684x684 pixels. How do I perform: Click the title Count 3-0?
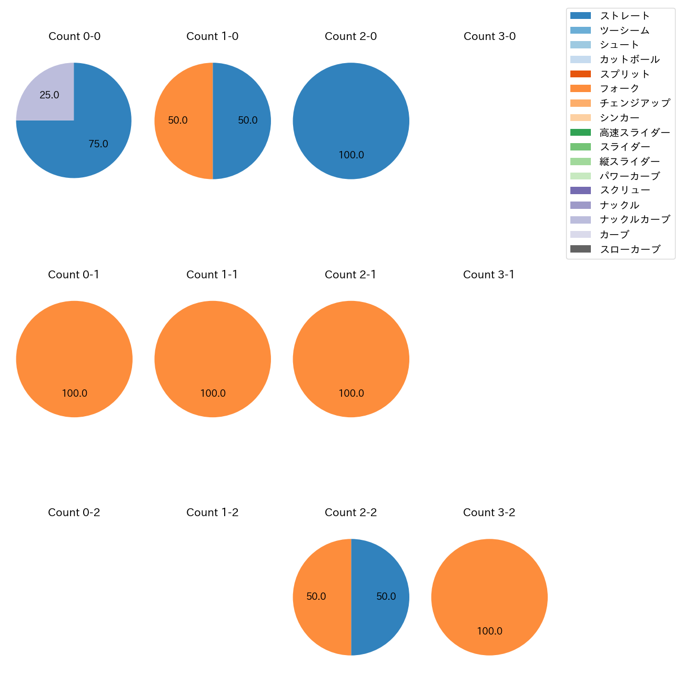click(489, 36)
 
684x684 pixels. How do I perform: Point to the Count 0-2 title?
click(74, 512)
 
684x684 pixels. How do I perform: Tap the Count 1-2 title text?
click(212, 512)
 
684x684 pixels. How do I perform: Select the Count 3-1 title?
click(489, 275)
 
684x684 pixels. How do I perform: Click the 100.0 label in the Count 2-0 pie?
click(351, 155)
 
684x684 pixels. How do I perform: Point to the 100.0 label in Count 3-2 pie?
click(489, 631)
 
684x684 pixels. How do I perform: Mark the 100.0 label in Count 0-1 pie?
click(74, 394)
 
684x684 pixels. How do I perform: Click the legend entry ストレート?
click(625, 16)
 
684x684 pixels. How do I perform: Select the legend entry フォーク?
click(619, 88)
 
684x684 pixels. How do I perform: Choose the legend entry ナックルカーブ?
click(635, 219)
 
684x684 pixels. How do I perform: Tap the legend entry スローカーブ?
click(630, 249)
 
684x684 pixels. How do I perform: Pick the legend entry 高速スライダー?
click(635, 133)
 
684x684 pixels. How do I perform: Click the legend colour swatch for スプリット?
click(580, 74)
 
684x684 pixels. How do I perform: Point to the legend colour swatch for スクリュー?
click(580, 190)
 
